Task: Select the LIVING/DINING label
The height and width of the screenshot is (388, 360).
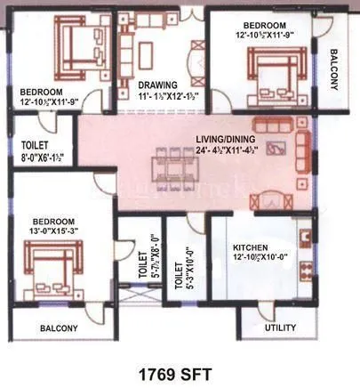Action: tap(229, 140)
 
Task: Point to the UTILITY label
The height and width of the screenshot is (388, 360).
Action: tap(281, 327)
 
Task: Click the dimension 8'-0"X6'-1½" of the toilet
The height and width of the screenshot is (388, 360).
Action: tap(37, 159)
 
